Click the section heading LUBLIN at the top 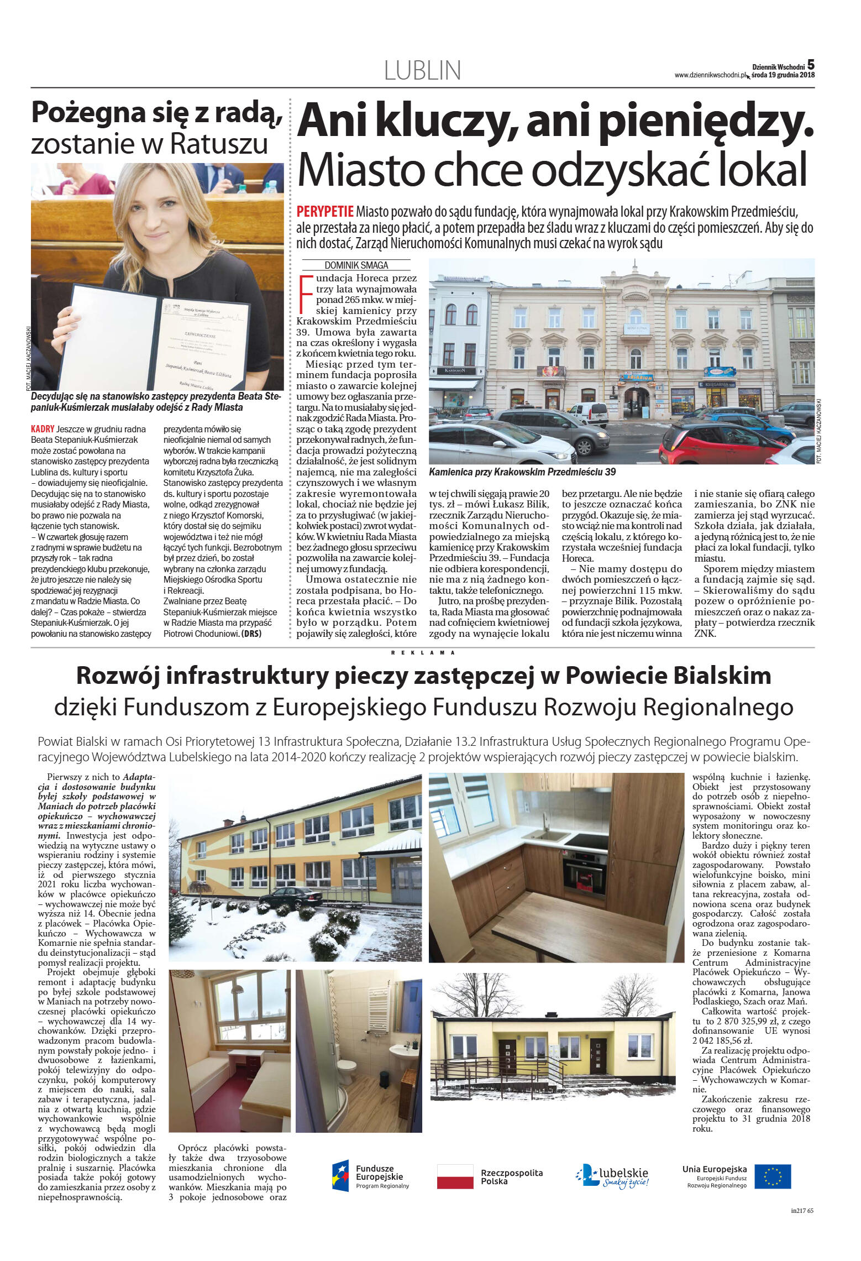[422, 71]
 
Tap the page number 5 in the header [810, 64]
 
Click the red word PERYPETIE [325, 212]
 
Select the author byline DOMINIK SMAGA [356, 265]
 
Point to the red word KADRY [43, 429]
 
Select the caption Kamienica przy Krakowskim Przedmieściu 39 [522, 472]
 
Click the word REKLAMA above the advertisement [423, 653]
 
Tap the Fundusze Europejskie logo [371, 1176]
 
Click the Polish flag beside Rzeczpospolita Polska [455, 1176]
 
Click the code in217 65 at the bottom [802, 1226]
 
